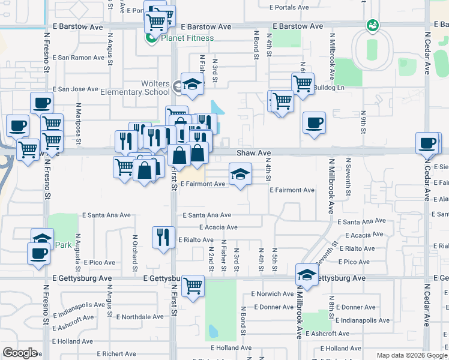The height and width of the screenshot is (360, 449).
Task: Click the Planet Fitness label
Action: (x=187, y=38)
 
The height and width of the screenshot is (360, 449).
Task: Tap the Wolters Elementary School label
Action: (x=148, y=88)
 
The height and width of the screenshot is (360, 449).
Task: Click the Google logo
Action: (x=20, y=353)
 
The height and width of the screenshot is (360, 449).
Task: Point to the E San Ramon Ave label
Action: (x=78, y=58)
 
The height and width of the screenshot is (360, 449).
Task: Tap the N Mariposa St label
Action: (x=78, y=120)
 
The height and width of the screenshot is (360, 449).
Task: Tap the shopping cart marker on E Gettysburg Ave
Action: (x=193, y=286)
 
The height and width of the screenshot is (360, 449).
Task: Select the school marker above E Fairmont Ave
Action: (x=240, y=174)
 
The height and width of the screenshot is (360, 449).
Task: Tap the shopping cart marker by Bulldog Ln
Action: (x=303, y=84)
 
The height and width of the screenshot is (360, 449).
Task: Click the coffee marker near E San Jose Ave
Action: (x=41, y=103)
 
